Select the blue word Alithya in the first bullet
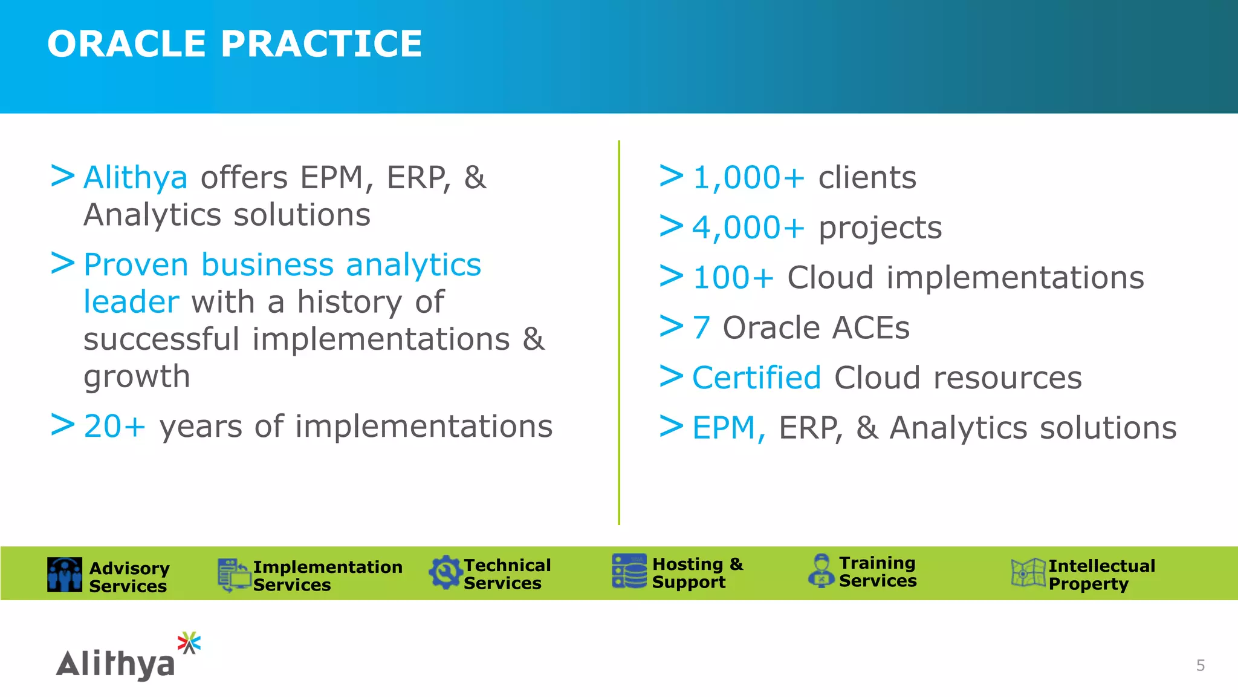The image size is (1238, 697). (135, 178)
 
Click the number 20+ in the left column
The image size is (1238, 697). (115, 426)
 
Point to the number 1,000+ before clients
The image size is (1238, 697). (748, 178)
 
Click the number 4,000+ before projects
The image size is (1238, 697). (748, 228)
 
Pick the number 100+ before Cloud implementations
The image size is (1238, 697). (733, 278)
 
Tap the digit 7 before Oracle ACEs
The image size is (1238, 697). (701, 328)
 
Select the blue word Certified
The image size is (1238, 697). (756, 378)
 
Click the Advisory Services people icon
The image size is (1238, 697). (65, 574)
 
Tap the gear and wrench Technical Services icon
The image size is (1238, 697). (446, 572)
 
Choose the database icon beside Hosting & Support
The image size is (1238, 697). (629, 571)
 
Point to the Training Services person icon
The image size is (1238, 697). (821, 571)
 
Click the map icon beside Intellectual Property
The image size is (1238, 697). (1028, 572)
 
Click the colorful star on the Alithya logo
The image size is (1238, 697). (189, 643)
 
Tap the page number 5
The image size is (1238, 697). (1200, 666)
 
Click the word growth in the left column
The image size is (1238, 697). (137, 377)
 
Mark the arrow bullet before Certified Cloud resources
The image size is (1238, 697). (671, 376)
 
